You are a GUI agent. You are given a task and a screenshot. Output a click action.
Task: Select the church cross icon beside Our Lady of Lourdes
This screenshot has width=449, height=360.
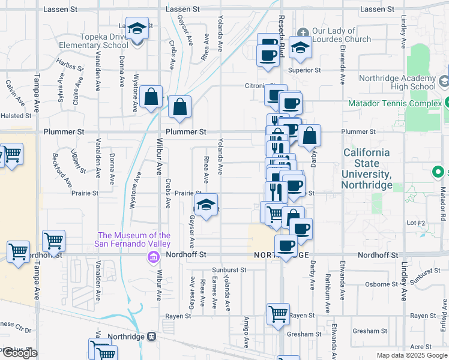(x=303, y=32)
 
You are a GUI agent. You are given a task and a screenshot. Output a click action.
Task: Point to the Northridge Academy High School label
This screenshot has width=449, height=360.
(x=397, y=82)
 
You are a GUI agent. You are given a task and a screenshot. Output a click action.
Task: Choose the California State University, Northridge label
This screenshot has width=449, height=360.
(x=366, y=169)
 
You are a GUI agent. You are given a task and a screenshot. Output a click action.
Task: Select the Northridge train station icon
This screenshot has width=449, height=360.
(x=152, y=337)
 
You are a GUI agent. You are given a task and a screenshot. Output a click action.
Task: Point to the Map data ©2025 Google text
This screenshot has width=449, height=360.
(x=411, y=355)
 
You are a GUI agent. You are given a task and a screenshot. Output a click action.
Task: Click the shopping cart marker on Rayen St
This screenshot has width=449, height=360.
(x=278, y=313)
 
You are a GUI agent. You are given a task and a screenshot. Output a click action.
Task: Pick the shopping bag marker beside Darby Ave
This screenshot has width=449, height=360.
(x=309, y=135)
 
